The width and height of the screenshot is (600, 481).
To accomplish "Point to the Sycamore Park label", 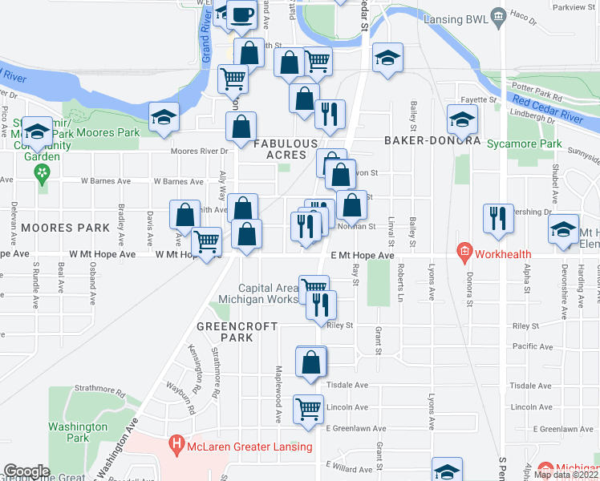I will click(x=525, y=143).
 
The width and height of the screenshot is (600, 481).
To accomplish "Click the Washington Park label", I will click(x=77, y=433).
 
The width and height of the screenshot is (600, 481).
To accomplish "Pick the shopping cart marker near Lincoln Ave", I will click(x=309, y=409).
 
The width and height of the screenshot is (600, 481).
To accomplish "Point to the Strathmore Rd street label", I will click(x=215, y=374).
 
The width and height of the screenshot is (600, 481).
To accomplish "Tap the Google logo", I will click(x=26, y=471).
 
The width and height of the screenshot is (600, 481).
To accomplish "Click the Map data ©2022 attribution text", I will click(x=566, y=475).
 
